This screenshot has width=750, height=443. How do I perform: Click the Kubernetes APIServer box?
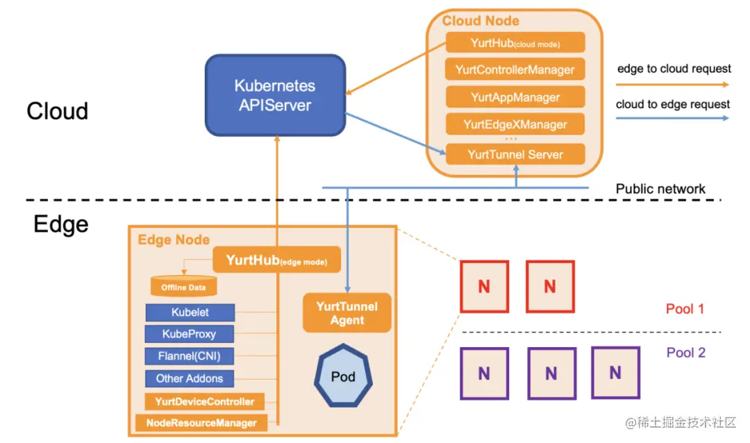tap(275, 96)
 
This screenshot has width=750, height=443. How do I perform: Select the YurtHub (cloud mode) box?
tap(515, 42)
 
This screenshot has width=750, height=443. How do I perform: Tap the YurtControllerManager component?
tap(515, 69)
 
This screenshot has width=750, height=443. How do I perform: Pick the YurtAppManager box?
tap(515, 97)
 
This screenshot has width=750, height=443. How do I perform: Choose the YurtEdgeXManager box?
tap(515, 125)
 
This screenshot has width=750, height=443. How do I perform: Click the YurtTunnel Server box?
tap(515, 154)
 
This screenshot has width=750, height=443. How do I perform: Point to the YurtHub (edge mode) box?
tap(276, 261)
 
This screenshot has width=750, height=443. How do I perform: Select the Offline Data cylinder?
tap(183, 287)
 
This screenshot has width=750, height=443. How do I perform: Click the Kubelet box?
tap(190, 312)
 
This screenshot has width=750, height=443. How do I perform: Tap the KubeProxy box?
tap(190, 334)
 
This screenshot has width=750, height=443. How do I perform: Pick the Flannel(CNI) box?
tap(190, 356)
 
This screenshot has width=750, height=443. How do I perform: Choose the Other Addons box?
tap(190, 378)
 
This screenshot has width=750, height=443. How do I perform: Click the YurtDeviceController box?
tap(205, 401)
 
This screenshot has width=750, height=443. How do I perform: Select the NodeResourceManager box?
tap(201, 422)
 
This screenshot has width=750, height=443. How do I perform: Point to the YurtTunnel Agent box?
tap(347, 313)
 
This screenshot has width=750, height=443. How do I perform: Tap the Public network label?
tap(660, 189)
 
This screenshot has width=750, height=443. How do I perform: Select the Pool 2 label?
tap(685, 353)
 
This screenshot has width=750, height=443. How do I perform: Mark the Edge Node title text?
tap(174, 240)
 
